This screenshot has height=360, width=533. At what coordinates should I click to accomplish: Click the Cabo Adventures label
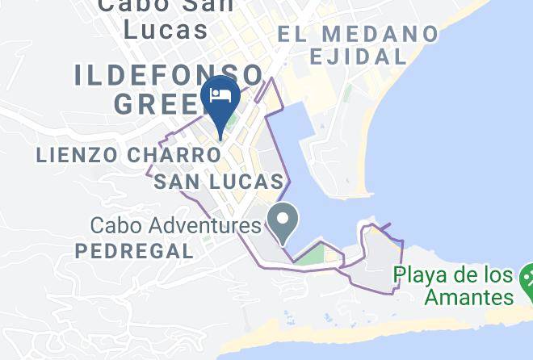170,224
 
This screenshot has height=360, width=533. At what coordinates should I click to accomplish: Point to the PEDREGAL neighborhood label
134,251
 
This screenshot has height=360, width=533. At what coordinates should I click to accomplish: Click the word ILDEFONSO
169,75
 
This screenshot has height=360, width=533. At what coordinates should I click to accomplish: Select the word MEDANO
378,34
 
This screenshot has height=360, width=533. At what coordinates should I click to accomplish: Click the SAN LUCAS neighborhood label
218,182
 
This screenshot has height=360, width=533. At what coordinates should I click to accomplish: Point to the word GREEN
157,103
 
